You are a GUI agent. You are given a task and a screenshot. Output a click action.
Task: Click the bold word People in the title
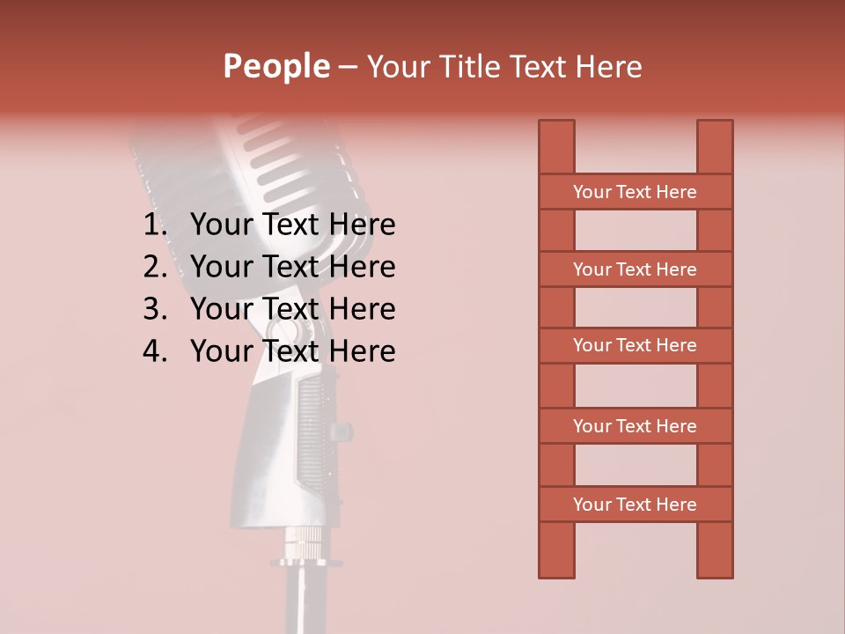click(276, 66)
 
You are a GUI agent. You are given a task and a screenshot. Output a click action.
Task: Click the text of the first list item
click(292, 225)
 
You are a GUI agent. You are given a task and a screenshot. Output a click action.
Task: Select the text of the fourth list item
click(292, 351)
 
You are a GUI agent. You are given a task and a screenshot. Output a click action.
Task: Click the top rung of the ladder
click(635, 192)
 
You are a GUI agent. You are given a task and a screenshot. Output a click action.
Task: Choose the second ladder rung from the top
click(635, 269)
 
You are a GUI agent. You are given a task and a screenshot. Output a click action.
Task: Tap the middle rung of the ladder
click(635, 345)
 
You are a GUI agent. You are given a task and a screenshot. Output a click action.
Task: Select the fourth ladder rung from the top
click(635, 426)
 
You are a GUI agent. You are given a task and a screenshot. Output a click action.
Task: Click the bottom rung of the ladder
click(635, 505)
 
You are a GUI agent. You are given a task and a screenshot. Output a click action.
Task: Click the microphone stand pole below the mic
click(299, 599)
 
